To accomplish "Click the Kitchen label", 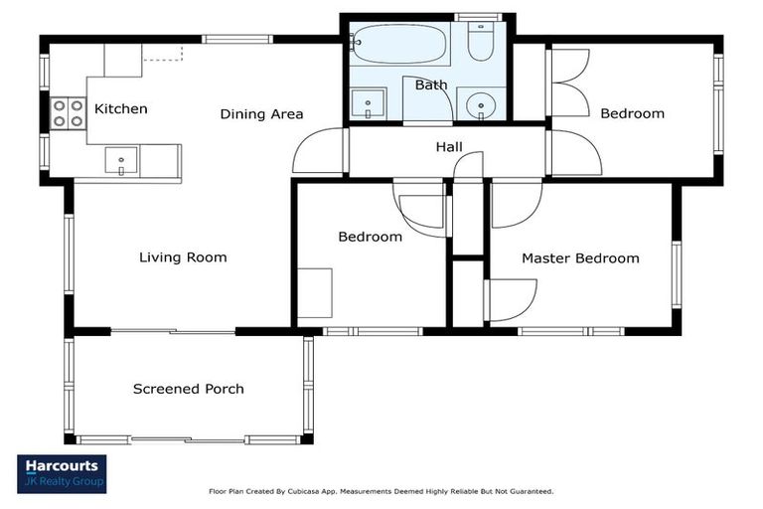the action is point(120,108).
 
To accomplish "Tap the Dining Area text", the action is point(262,114).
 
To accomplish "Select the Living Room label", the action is point(183,257).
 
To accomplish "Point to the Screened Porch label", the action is point(189,389).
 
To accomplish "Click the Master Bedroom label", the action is point(580,258).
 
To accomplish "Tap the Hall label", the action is point(449,146).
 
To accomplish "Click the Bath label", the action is point(431,85).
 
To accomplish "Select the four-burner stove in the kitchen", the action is point(69,113).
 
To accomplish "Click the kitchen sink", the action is point(121,161).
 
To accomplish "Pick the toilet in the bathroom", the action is point(481,42).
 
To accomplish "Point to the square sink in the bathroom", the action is point(369,103).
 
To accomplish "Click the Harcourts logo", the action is point(62,474).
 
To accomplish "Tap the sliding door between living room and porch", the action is point(173,332).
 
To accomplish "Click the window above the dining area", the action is point(237,39).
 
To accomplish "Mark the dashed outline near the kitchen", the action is point(163,54).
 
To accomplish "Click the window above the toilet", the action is point(479,17).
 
